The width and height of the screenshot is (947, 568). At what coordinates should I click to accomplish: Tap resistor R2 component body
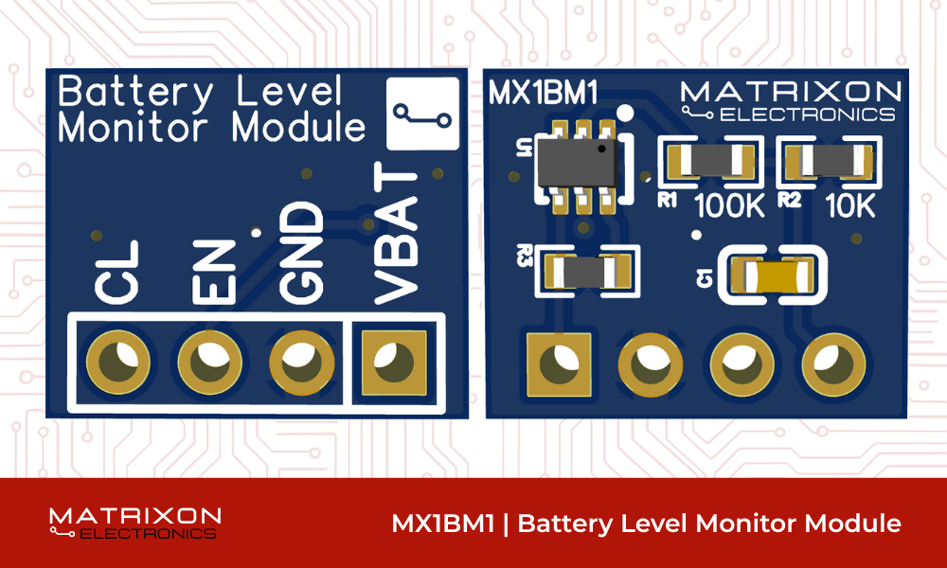824,161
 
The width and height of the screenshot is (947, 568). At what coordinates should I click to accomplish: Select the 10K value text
850,206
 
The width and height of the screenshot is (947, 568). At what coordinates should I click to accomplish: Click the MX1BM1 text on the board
542,94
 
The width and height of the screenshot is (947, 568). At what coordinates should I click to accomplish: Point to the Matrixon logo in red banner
134,523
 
